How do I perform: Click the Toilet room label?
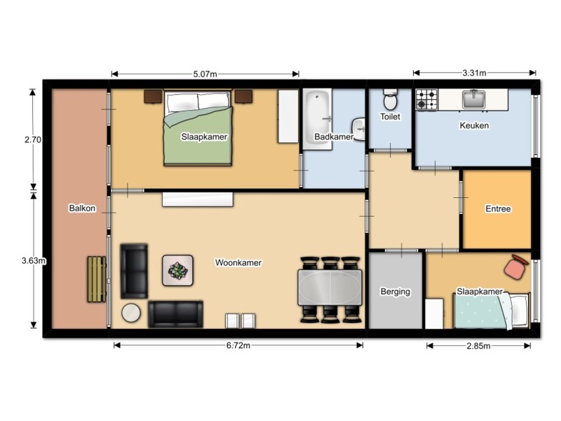(x=390, y=116)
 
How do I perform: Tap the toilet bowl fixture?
(x=390, y=99)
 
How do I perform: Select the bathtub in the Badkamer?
(x=318, y=119)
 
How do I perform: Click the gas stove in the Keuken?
(x=426, y=100)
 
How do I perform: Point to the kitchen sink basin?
(x=473, y=99)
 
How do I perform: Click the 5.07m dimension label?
(x=205, y=74)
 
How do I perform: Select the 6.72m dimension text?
(x=238, y=345)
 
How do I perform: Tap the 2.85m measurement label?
(x=478, y=346)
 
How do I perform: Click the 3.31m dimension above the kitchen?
(x=474, y=73)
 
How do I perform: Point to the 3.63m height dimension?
(x=33, y=260)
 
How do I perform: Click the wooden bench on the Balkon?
(x=97, y=279)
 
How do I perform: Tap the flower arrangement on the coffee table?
(x=177, y=270)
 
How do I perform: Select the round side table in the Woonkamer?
(x=131, y=313)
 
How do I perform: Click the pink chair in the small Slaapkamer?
(x=515, y=267)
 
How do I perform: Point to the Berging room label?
(x=396, y=291)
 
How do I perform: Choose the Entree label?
(x=498, y=208)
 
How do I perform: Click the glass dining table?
(x=330, y=288)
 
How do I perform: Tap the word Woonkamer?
(x=238, y=262)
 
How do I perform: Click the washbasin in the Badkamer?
(x=358, y=129)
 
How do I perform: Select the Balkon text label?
(x=82, y=208)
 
